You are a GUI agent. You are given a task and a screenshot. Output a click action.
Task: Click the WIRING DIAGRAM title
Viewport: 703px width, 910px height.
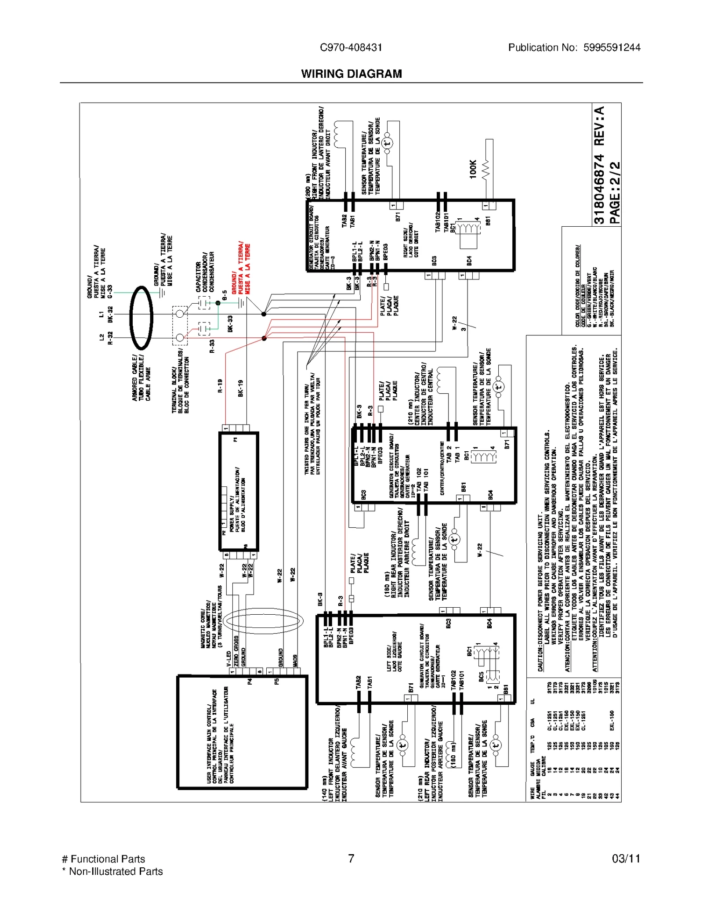coord(351,74)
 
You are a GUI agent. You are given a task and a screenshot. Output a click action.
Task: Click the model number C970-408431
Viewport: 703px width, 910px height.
coord(351,47)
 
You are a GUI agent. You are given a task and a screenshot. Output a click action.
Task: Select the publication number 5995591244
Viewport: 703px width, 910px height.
coord(612,47)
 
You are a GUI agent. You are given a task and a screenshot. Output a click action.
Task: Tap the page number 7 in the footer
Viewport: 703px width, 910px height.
coord(351,858)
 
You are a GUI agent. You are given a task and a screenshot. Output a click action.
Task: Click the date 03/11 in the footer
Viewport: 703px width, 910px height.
coord(626,858)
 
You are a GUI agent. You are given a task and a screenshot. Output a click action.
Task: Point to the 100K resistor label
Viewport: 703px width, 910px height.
coord(473,169)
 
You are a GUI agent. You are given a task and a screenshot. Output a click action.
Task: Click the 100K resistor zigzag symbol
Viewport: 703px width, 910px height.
coord(486,169)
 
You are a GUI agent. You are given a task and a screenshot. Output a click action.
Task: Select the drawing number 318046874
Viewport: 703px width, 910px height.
coord(599,189)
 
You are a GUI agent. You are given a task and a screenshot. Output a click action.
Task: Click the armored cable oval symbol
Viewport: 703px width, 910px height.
coord(141,317)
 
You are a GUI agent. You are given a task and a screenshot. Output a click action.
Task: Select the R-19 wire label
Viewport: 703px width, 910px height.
coord(220,385)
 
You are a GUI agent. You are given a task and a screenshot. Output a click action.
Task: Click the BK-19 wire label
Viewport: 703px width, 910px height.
coord(240,388)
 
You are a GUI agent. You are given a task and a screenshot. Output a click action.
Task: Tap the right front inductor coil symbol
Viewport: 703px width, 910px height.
coord(339,134)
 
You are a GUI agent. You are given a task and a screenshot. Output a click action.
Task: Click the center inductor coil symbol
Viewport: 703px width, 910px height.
coord(443,381)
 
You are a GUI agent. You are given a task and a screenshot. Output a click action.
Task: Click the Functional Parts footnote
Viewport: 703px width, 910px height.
coord(104,859)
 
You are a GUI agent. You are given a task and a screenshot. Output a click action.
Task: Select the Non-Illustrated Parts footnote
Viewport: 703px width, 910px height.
coord(112,871)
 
